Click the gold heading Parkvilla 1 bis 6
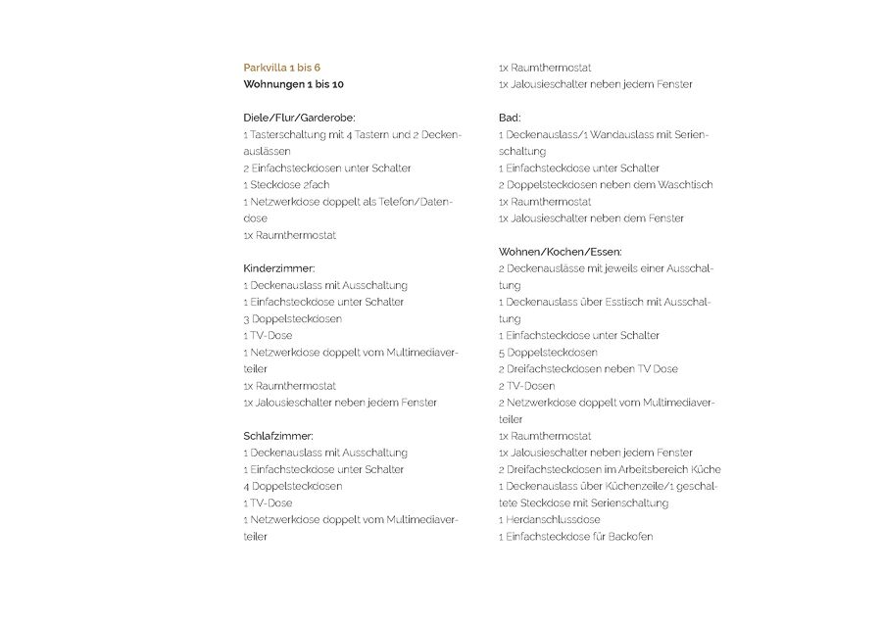tap(281, 68)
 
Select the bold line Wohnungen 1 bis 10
tap(293, 84)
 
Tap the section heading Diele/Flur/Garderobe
tap(299, 118)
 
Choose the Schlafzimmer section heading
tap(278, 436)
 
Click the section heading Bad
tap(510, 118)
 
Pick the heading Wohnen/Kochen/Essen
tap(560, 252)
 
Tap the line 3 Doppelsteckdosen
tap(292, 319)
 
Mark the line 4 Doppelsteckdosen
tap(292, 487)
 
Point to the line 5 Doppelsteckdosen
tap(548, 353)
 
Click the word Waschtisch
tap(685, 185)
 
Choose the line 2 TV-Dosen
tap(526, 386)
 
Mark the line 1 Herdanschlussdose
tap(549, 520)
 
